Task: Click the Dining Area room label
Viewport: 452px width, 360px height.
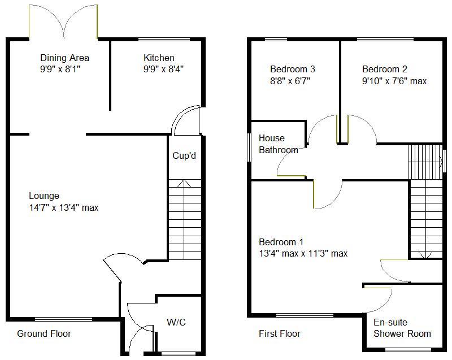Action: pyautogui.click(x=64, y=58)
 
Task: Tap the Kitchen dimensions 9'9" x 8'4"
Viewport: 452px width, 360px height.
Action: pyautogui.click(x=163, y=69)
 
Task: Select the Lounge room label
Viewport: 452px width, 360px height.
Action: pyautogui.click(x=44, y=196)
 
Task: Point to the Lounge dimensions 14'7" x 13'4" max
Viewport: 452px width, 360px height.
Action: pyautogui.click(x=64, y=207)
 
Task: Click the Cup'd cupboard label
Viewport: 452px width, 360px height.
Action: pyautogui.click(x=184, y=155)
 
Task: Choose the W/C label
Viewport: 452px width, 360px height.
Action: pyautogui.click(x=176, y=322)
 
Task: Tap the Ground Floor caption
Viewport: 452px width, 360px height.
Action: pyautogui.click(x=44, y=333)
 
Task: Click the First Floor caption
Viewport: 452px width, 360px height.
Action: pyautogui.click(x=280, y=333)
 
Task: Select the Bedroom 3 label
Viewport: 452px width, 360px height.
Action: pyautogui.click(x=293, y=69)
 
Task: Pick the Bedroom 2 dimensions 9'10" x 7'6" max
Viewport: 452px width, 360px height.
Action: pyautogui.click(x=394, y=81)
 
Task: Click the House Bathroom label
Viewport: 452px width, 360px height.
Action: pyautogui.click(x=278, y=144)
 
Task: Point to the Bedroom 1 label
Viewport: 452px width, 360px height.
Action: pyautogui.click(x=281, y=242)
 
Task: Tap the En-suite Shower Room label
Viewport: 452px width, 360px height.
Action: pyautogui.click(x=402, y=328)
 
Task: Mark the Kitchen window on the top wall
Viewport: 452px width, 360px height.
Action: pyautogui.click(x=164, y=39)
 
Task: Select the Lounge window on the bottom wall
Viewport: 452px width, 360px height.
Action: pyautogui.click(x=64, y=319)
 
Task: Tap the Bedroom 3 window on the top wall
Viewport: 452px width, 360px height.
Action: pyautogui.click(x=276, y=39)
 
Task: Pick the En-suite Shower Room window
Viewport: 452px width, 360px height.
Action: pyautogui.click(x=408, y=350)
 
